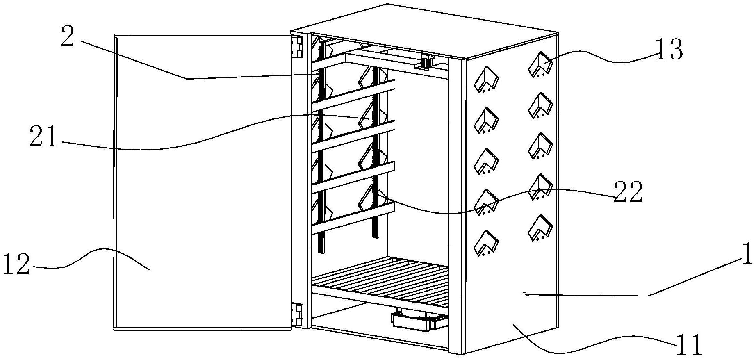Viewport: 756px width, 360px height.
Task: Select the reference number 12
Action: pyautogui.click(x=16, y=264)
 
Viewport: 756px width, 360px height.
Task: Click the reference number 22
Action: pyautogui.click(x=628, y=192)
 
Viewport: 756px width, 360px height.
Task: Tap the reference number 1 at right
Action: pyautogui.click(x=747, y=254)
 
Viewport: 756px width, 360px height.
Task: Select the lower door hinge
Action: pyautogui.click(x=297, y=314)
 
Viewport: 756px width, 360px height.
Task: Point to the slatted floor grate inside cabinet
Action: pyautogui.click(x=381, y=279)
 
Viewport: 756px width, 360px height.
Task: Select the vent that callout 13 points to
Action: pyautogui.click(x=540, y=65)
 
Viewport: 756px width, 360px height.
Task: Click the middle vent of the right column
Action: pyautogui.click(x=540, y=146)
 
